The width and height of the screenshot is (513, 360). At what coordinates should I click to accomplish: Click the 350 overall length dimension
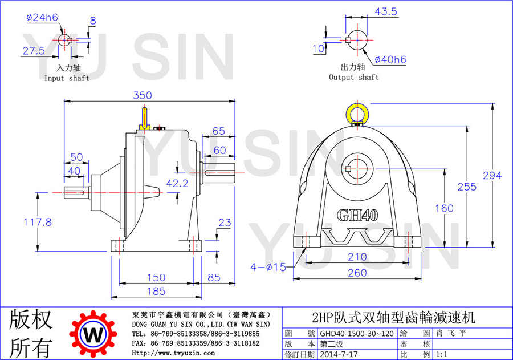tap(142, 95)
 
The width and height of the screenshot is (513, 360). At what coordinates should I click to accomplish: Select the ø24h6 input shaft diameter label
tap(42, 17)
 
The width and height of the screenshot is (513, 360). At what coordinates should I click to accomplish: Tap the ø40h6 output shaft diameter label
tap(390, 59)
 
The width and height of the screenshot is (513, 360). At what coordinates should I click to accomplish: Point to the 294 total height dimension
tap(492, 176)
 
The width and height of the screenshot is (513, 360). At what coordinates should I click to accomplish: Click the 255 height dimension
tap(467, 187)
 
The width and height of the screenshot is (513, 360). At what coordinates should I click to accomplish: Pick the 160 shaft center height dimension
tap(444, 208)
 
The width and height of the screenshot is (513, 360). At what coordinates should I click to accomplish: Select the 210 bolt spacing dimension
tap(357, 257)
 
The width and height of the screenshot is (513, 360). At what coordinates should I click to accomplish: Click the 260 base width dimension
tap(357, 273)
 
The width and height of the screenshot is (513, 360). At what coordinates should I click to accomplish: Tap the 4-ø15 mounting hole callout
tap(268, 267)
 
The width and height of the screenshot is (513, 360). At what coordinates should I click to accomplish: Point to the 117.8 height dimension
tap(38, 222)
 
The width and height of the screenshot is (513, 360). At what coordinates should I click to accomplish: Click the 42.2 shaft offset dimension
tap(177, 184)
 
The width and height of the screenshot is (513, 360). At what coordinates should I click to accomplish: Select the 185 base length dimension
tap(156, 291)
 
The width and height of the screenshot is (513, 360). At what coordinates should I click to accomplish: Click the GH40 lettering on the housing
tap(357, 215)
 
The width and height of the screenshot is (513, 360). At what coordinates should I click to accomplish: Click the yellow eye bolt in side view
tap(144, 119)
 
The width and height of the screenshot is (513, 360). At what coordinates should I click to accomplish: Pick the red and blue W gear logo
tap(93, 334)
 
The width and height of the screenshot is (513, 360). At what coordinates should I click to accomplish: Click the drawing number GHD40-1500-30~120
tap(357, 333)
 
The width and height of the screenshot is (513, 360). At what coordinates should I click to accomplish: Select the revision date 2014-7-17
tap(339, 354)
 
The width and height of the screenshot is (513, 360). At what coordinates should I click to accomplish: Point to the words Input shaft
tap(67, 78)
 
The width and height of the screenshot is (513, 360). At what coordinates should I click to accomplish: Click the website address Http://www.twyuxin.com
tap(173, 353)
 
